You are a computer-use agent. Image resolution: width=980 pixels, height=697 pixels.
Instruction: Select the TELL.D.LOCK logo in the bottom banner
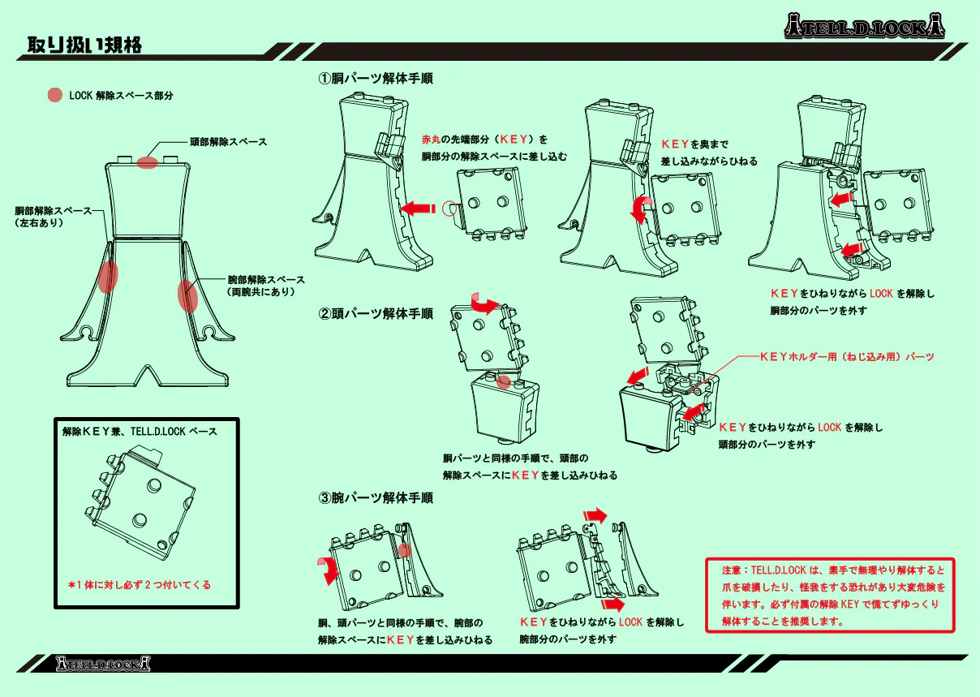coord(104,664)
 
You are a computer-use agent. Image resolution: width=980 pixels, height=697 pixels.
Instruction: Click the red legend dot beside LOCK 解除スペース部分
coord(55,95)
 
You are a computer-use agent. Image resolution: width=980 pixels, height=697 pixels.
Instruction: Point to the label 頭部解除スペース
coord(228,142)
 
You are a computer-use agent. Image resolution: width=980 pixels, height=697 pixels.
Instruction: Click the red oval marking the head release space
coord(147,162)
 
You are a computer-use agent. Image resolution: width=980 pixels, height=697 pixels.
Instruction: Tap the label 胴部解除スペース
coord(53,210)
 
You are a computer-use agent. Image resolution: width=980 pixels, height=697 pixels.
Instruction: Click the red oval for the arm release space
coord(187,296)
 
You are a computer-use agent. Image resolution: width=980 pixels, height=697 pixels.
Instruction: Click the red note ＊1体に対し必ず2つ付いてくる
coord(139,584)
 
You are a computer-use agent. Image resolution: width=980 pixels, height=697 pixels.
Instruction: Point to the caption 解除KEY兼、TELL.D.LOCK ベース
coord(140,432)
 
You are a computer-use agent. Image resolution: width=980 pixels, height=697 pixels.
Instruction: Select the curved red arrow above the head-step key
coord(485,305)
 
